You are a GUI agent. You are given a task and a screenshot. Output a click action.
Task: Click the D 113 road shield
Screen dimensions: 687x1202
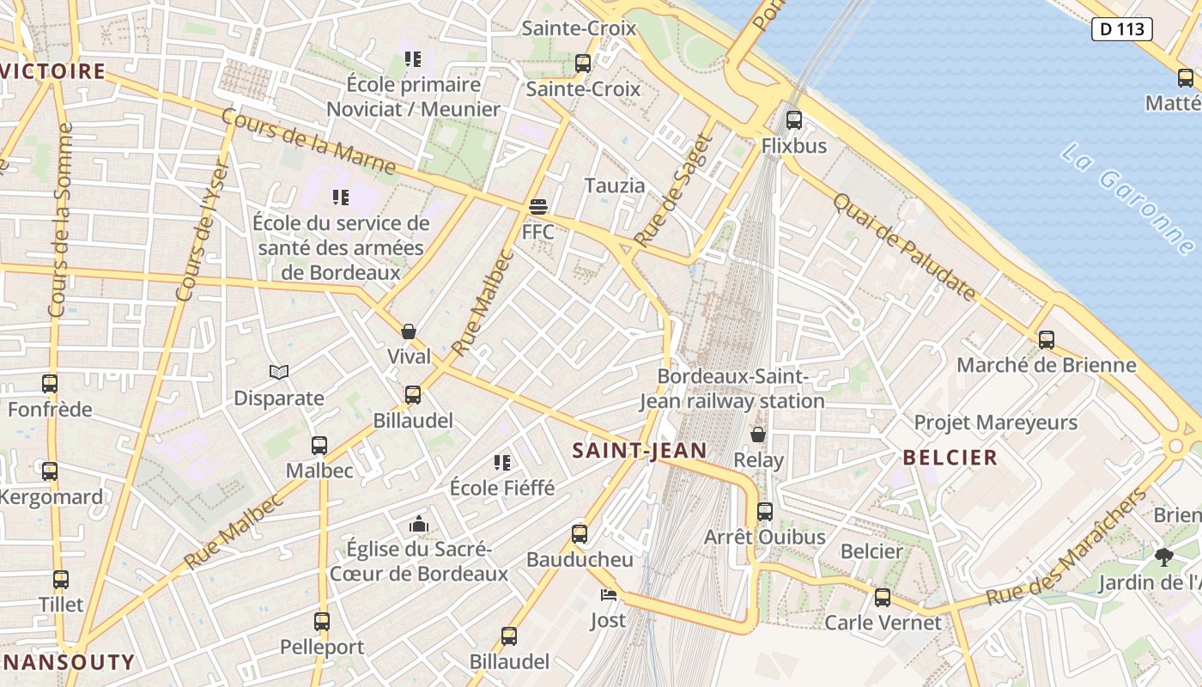coord(1121,29)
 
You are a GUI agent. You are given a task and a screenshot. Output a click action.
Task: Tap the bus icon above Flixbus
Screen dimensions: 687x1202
coord(794,120)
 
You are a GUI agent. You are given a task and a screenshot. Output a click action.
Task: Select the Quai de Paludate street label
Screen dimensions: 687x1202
coord(905,247)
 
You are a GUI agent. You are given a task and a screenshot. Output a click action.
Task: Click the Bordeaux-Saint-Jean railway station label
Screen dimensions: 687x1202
coord(732,389)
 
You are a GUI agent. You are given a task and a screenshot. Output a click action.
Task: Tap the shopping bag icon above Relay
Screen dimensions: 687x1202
coord(758,435)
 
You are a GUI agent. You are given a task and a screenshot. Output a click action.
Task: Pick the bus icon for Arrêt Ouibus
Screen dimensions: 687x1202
coord(764,512)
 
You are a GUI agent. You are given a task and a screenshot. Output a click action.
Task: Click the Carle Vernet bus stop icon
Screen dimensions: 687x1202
coord(883,598)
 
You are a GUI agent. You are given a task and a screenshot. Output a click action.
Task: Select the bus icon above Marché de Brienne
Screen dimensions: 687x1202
coord(1046,339)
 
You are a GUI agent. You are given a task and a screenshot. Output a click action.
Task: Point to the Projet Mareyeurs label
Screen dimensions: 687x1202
coord(995,423)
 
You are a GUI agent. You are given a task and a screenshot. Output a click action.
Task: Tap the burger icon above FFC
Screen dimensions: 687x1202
coord(538,207)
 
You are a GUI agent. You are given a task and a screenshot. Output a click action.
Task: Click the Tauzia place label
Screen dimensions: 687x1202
coord(614,185)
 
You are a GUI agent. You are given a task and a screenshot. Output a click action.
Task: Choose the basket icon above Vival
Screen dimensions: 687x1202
coord(409,331)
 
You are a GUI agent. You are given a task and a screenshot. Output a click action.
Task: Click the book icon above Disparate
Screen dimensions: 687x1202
coord(279,373)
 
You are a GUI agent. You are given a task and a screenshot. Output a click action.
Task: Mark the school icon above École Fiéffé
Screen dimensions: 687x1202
coord(502,464)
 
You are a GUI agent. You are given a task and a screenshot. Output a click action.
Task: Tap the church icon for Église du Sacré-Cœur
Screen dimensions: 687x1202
coord(419,524)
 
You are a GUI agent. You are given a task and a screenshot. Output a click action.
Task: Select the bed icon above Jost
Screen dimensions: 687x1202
coord(608,595)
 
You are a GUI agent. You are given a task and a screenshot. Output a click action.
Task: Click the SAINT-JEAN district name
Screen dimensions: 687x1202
coord(640,450)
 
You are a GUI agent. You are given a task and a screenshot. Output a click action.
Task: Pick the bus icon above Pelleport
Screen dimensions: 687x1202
coord(322,622)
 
